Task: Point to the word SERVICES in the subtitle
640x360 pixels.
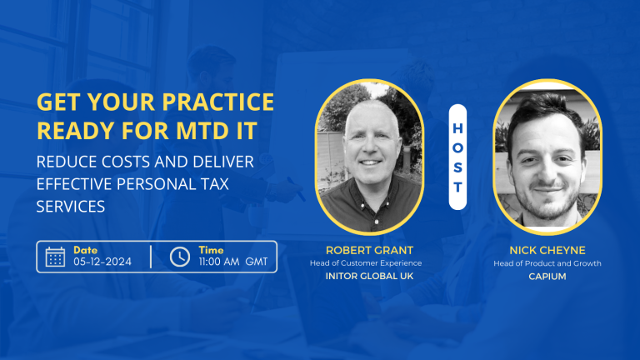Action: click(70, 206)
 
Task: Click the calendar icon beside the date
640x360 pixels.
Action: click(55, 257)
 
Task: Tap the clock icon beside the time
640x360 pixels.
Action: click(179, 257)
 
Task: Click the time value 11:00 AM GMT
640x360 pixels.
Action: click(233, 262)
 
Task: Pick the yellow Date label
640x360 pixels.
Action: click(85, 250)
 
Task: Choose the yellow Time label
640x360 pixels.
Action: click(211, 250)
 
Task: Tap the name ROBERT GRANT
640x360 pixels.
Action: click(369, 249)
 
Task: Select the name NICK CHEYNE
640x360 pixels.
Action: click(547, 249)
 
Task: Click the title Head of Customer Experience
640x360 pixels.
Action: click(369, 263)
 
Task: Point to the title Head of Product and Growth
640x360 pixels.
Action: click(547, 263)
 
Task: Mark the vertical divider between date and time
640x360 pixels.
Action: click(151, 257)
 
